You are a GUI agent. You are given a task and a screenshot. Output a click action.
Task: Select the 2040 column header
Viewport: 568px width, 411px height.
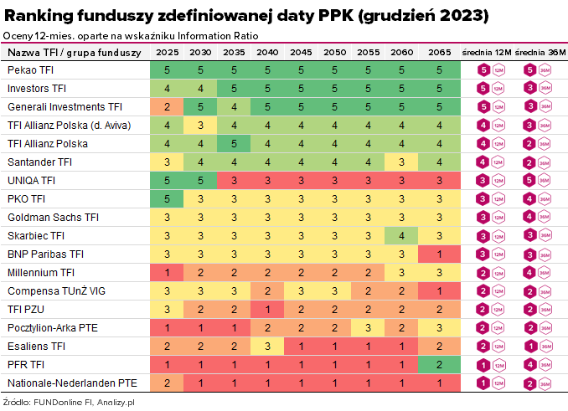pyautogui.click(x=267, y=53)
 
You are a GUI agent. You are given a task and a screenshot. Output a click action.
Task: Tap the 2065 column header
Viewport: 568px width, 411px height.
pyautogui.click(x=439, y=53)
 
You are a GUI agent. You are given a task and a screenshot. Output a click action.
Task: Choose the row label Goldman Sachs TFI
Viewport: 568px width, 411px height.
pyautogui.click(x=53, y=217)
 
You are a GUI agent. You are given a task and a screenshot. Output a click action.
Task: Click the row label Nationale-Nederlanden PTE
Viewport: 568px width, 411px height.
pyautogui.click(x=70, y=383)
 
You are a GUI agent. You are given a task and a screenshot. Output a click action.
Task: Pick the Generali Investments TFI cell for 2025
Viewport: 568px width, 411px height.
pyautogui.click(x=168, y=107)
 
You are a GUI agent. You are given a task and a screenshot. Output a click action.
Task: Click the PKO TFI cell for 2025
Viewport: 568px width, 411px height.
pyautogui.click(x=168, y=199)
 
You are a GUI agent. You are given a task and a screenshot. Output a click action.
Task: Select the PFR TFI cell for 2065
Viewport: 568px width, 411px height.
pyautogui.click(x=439, y=365)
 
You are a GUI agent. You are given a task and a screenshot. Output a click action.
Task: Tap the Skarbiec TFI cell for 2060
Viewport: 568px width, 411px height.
pyautogui.click(x=401, y=236)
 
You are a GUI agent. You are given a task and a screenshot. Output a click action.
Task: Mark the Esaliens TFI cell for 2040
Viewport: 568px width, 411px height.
pyautogui.click(x=267, y=347)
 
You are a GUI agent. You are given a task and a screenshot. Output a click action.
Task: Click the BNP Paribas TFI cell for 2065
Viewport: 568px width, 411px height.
pyautogui.click(x=439, y=254)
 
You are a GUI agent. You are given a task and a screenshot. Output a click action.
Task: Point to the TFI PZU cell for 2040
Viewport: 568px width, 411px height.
pyautogui.click(x=267, y=310)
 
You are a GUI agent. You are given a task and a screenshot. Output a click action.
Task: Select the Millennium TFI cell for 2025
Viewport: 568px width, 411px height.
pyautogui.click(x=168, y=273)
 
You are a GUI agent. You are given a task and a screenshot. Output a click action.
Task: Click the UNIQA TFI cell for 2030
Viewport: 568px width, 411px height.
pyautogui.click(x=200, y=181)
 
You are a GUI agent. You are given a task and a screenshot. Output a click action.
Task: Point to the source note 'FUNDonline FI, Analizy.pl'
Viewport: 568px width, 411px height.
pyautogui.click(x=63, y=403)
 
